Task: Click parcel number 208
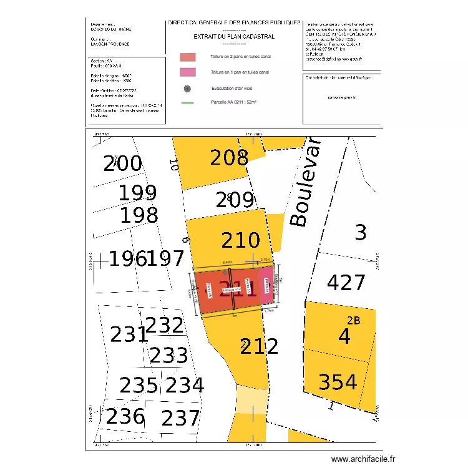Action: (229, 158)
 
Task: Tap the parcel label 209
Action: (235, 200)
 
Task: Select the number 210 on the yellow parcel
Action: (241, 240)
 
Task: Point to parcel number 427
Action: (346, 283)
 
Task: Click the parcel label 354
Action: (338, 382)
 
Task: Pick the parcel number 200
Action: (123, 164)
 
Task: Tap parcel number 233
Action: (168, 356)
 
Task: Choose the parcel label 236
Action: (125, 416)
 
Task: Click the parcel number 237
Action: (180, 418)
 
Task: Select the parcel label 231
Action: (129, 335)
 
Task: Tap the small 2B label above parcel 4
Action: (353, 321)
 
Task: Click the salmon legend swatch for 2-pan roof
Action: (187, 57)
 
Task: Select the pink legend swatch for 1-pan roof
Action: (187, 72)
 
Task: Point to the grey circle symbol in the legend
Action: (187, 89)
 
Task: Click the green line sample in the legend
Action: (187, 102)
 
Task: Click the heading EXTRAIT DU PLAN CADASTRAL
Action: (234, 36)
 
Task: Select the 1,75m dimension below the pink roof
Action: (270, 311)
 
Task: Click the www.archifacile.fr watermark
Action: (364, 459)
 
